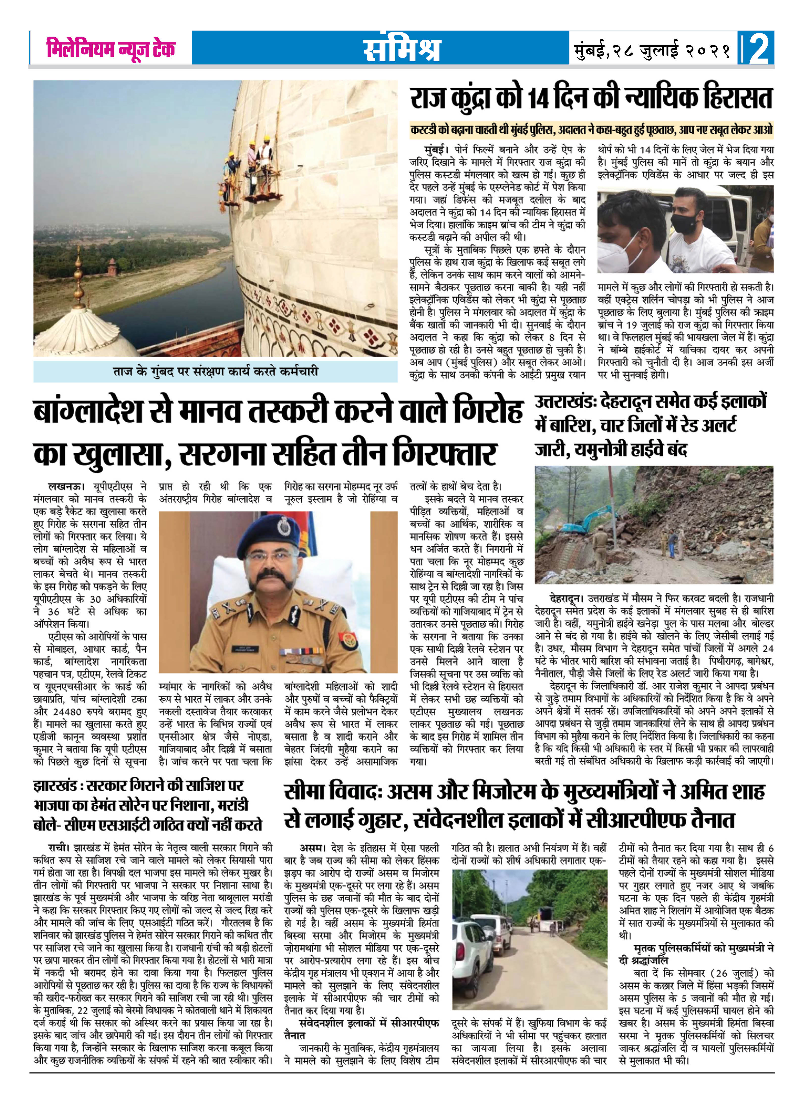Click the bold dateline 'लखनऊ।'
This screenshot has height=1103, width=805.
67,487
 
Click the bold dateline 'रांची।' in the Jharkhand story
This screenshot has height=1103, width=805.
60,848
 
